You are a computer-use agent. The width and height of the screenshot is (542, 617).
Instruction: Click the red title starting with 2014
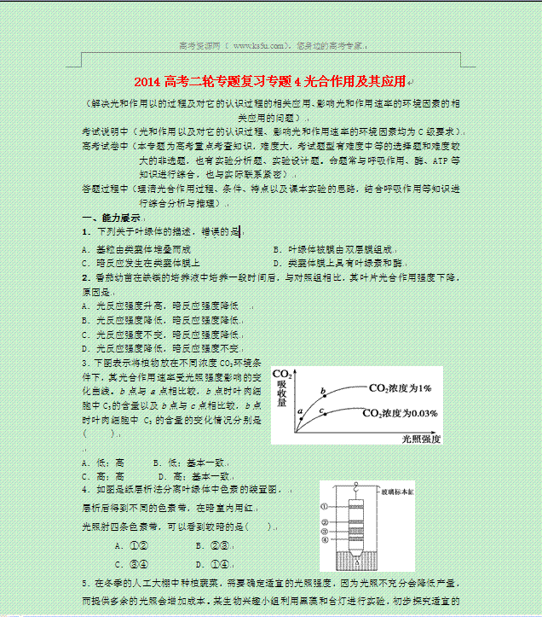pyautogui.click(x=271, y=82)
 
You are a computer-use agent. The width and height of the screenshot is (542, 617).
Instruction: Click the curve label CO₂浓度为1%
pyautogui.click(x=401, y=388)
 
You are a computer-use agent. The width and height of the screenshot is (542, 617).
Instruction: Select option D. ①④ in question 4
pyautogui.click(x=211, y=563)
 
